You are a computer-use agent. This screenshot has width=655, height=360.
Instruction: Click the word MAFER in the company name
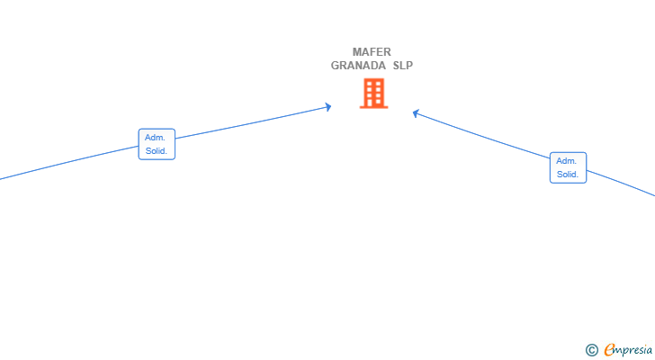(x=372, y=52)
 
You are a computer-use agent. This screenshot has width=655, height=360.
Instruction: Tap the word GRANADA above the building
(x=358, y=66)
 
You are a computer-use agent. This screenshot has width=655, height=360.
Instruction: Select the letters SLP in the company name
(x=403, y=66)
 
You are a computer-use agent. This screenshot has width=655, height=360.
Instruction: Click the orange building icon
(x=374, y=94)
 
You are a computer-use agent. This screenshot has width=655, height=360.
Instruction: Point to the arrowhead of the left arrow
(x=328, y=107)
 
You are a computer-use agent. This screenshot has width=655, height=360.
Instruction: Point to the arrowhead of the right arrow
(x=416, y=113)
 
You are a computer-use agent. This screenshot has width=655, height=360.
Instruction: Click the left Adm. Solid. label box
(x=157, y=144)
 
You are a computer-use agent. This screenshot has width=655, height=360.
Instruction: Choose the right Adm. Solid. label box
(x=568, y=167)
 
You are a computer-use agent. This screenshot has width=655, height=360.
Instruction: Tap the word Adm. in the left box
(x=155, y=138)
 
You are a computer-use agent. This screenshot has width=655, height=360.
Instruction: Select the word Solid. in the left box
(x=157, y=151)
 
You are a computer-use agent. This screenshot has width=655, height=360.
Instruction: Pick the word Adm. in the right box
(x=567, y=161)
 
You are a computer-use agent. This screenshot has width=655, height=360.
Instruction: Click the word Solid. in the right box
(x=568, y=175)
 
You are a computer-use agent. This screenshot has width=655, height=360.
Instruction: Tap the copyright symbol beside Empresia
(x=592, y=350)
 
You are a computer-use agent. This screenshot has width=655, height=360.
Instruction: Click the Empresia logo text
(x=628, y=350)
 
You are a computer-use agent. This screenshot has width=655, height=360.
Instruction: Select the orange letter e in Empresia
(x=609, y=349)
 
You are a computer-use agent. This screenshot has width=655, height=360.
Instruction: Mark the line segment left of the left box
(x=69, y=163)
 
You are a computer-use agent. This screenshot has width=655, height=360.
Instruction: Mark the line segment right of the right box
(x=621, y=183)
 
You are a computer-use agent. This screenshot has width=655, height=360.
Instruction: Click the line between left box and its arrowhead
(x=253, y=122)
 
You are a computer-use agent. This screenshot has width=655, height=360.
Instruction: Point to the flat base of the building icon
(x=374, y=107)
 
